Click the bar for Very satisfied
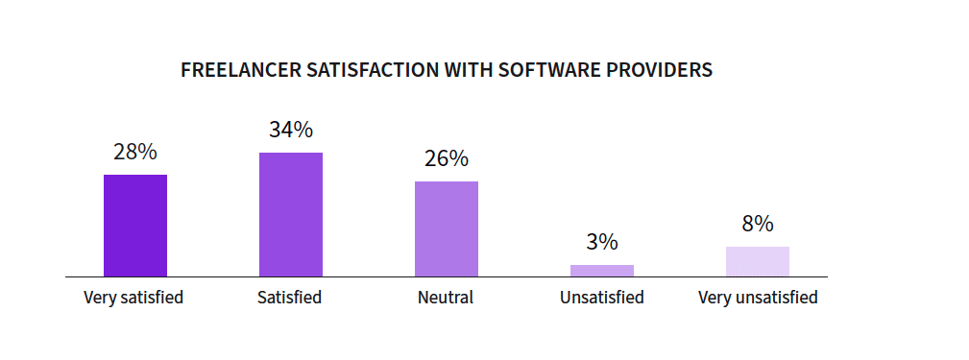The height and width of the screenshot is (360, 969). point(135,226)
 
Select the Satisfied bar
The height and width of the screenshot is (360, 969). point(291,214)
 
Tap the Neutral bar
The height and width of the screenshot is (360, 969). point(447,229)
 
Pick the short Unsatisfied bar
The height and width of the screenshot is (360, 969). point(602,271)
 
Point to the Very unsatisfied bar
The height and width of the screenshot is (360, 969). point(758,261)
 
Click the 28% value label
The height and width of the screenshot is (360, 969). point(135,152)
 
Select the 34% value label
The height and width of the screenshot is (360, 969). point(291,130)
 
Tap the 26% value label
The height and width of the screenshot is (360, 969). point(447,158)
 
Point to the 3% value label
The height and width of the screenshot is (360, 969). point(602,242)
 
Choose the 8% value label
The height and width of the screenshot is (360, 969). point(758,224)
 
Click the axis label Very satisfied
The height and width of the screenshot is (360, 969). point(133,298)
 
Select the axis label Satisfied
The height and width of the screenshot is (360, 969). point(290,298)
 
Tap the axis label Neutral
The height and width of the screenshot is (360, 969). point(446,298)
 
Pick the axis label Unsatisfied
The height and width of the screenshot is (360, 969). point(602,298)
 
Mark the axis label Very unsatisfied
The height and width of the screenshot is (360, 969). point(759,298)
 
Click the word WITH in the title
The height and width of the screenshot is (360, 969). point(469,70)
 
